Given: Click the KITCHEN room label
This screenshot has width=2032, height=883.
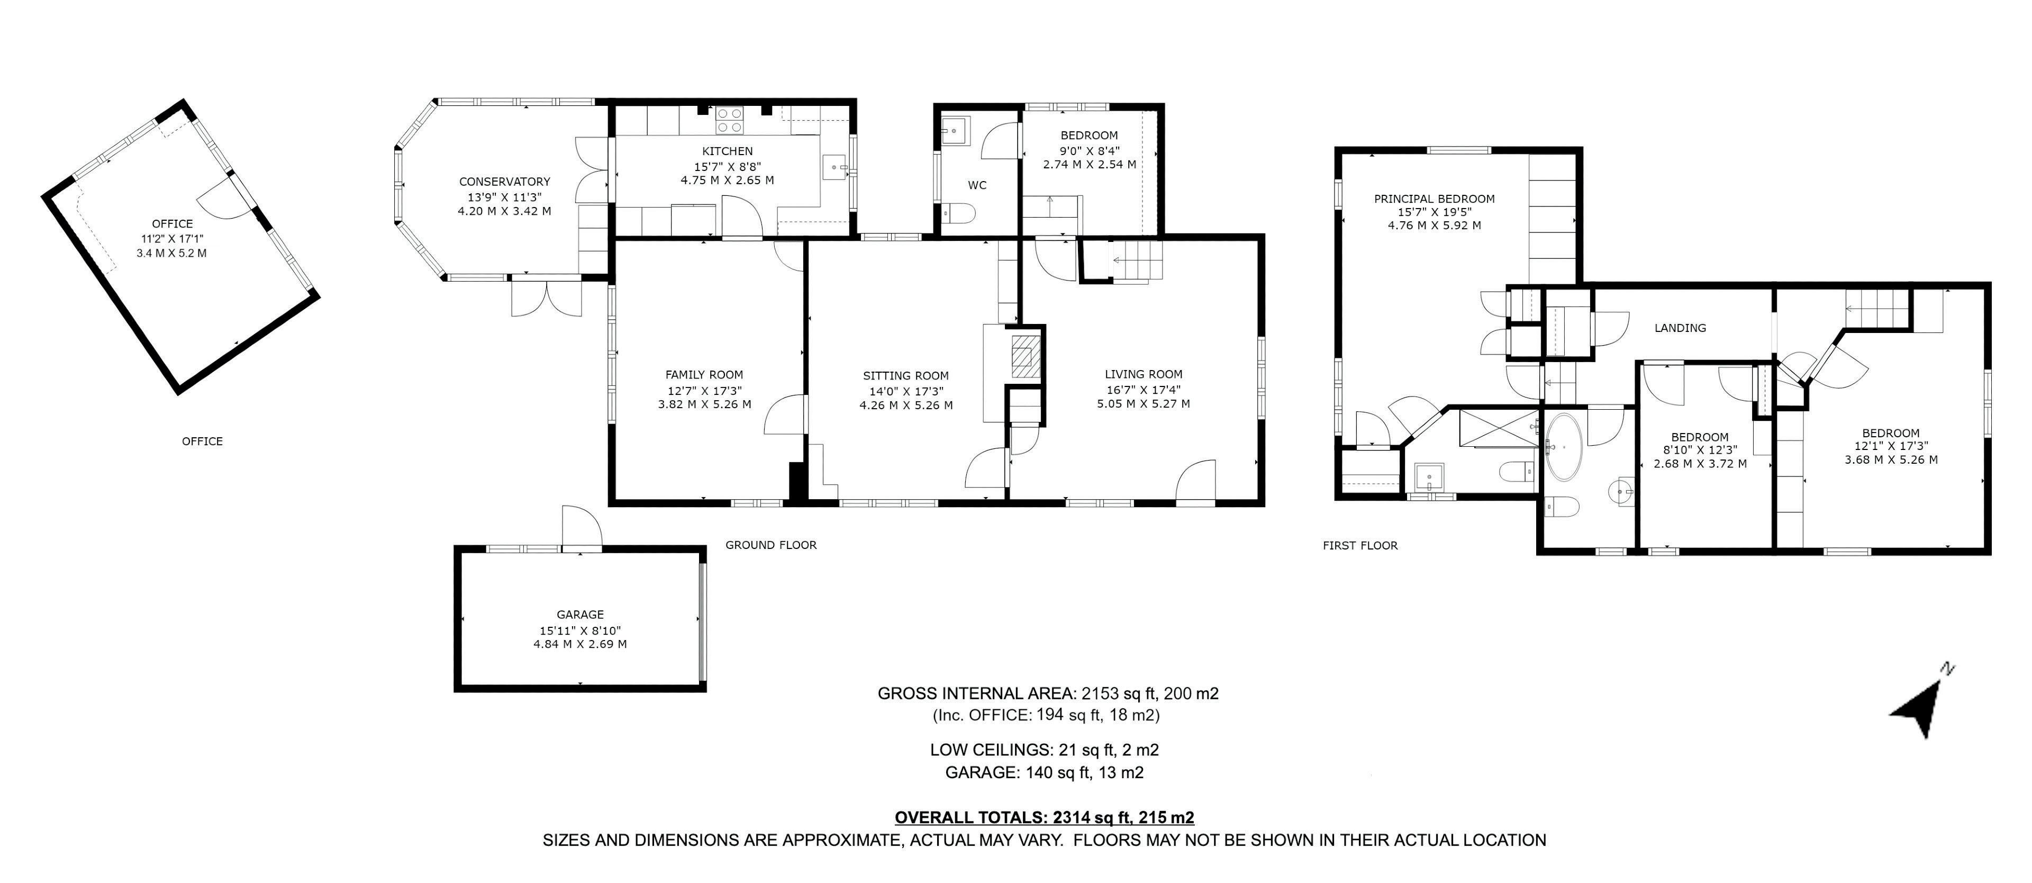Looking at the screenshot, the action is pos(727,151).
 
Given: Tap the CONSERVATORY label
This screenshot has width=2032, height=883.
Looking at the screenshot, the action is pos(504,182).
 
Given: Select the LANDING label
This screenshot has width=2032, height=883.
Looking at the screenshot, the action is pos(1680,328).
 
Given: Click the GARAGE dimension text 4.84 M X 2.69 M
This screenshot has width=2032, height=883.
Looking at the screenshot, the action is pos(580,644).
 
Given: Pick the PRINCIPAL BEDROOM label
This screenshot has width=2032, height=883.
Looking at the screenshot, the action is pos(1434,199).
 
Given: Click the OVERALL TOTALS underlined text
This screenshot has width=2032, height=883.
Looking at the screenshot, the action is pos(1044,817).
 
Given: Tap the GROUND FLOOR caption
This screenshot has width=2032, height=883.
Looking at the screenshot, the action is pos(770,545).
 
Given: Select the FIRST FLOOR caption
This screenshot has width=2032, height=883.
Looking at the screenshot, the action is pos(1360,545).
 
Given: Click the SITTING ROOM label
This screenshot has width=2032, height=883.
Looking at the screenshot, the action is pos(905,376).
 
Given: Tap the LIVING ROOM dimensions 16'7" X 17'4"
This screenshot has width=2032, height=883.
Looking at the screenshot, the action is pos(1143,389).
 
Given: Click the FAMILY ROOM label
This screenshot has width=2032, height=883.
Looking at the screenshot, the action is pos(704,375).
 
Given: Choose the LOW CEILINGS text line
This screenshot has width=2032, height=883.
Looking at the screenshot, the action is pos(1044,750).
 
